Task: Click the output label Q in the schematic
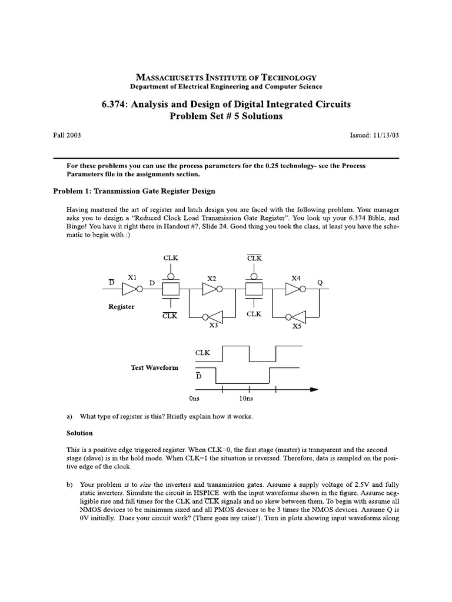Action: click(320, 282)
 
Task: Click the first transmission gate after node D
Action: click(170, 289)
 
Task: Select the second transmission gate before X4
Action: click(254, 289)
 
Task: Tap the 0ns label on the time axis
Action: click(195, 399)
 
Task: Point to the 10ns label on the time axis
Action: click(246, 399)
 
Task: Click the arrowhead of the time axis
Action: click(313, 389)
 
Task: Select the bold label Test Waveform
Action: click(154, 367)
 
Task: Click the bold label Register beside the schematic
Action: click(121, 306)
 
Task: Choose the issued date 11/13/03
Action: click(385, 135)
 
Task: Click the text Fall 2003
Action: click(67, 135)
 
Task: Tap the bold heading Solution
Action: click(79, 433)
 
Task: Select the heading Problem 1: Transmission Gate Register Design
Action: click(134, 191)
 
